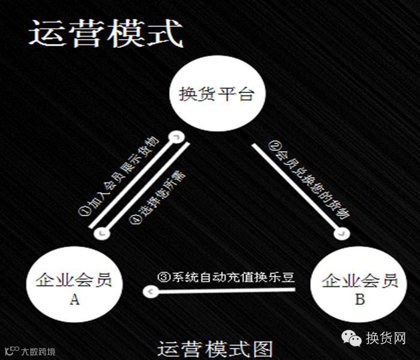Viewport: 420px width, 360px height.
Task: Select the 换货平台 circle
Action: (217, 95)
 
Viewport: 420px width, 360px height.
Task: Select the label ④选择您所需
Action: (158, 199)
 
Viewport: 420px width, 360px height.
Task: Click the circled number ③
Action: (162, 278)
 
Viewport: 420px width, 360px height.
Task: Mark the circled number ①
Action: (83, 212)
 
